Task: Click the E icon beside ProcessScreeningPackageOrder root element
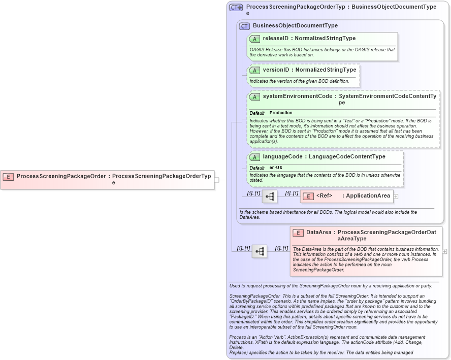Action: [8, 177]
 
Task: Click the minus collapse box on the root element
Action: [217, 179]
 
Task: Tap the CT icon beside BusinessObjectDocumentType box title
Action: [244, 26]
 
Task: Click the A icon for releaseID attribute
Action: [255, 39]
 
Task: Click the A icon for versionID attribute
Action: [255, 70]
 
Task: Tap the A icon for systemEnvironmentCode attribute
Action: [255, 96]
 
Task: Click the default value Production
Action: [281, 113]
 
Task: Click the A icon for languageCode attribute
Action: [255, 157]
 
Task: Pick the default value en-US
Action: [276, 168]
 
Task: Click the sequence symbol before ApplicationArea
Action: [269, 196]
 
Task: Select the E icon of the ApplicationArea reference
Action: [308, 196]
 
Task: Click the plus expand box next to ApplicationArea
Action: [396, 197]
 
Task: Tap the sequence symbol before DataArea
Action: [260, 251]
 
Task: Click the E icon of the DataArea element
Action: [298, 233]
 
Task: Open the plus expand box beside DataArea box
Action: [445, 251]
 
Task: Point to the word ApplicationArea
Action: [368, 196]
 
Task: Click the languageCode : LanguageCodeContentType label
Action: [324, 157]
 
